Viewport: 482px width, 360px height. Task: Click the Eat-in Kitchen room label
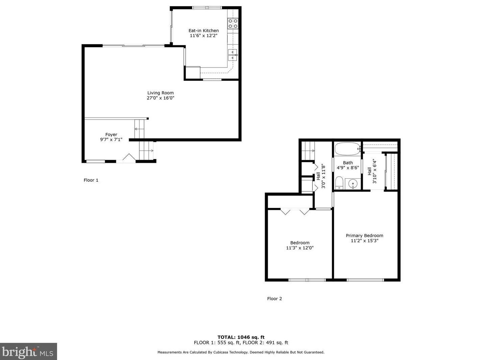(203, 30)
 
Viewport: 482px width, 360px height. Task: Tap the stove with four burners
(233, 23)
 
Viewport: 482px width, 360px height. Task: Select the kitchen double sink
(233, 55)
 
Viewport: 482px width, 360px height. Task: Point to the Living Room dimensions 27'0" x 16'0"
(161, 98)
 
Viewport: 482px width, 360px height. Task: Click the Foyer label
(111, 134)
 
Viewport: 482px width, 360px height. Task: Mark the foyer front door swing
(129, 157)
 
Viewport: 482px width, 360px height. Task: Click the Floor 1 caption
(91, 180)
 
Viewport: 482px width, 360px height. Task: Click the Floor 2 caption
(274, 299)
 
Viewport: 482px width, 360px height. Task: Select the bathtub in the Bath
(348, 149)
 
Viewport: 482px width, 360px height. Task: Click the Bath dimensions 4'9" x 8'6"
(348, 168)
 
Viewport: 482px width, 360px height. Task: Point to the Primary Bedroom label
(364, 236)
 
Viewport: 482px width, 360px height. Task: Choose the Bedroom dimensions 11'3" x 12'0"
(300, 248)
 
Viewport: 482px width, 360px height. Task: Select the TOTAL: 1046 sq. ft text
(241, 337)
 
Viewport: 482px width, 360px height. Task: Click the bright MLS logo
(28, 352)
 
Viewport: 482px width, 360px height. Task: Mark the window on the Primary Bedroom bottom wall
(365, 280)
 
